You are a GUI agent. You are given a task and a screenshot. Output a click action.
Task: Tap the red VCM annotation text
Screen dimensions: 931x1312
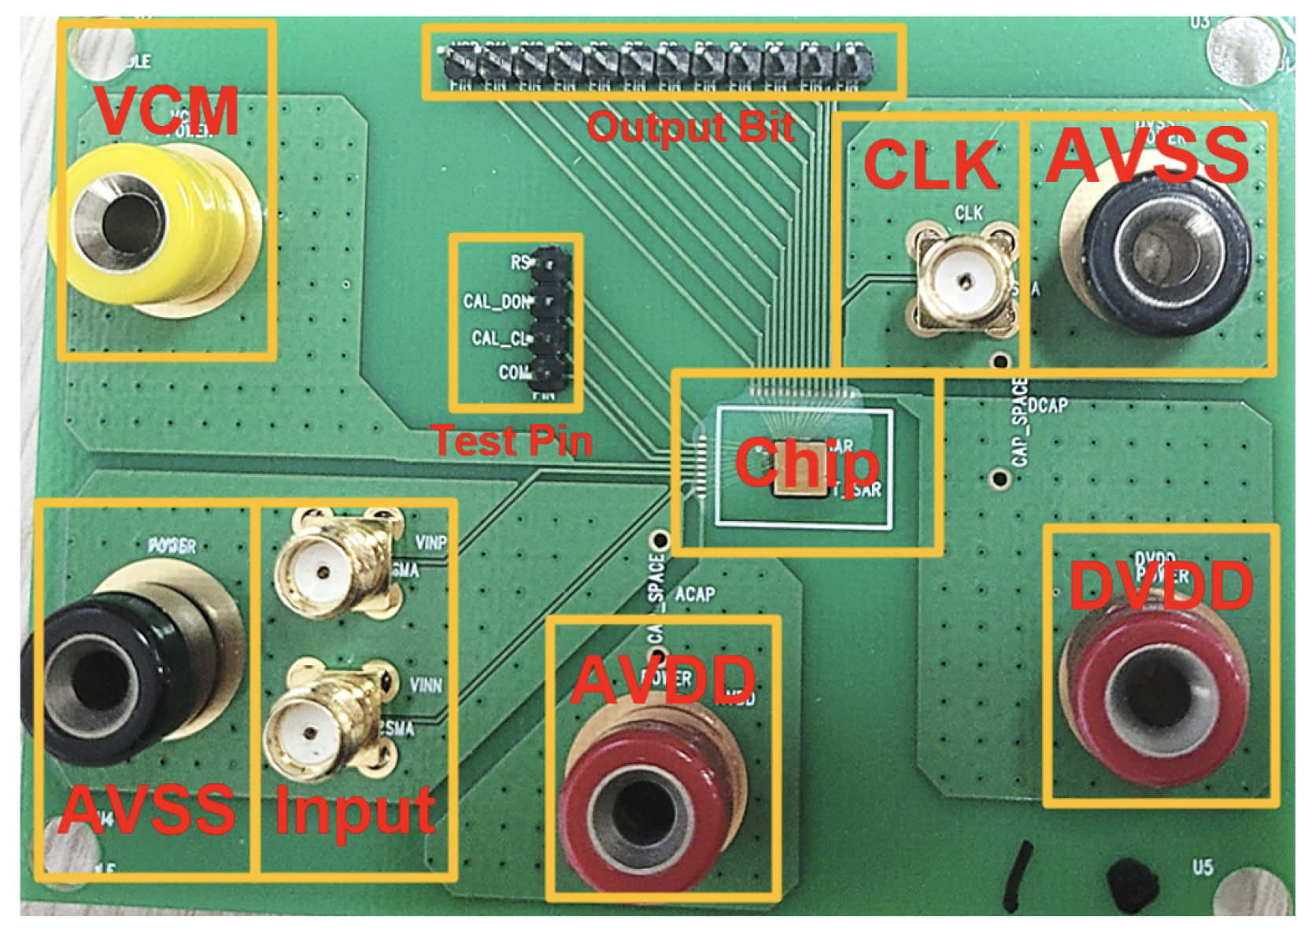[x=167, y=111]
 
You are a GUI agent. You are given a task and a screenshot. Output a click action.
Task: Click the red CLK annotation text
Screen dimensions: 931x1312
[x=931, y=164]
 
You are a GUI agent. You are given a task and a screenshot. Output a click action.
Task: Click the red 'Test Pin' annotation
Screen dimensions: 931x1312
[x=512, y=441]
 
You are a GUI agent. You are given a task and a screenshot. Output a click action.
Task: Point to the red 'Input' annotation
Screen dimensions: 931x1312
[x=355, y=811]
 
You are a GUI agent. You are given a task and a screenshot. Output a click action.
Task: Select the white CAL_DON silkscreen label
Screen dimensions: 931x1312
[x=497, y=301]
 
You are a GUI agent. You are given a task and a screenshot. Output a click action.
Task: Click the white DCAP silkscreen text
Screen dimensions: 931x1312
[x=1048, y=405]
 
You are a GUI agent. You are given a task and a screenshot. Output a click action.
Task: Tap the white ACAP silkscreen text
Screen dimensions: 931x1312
[x=695, y=593]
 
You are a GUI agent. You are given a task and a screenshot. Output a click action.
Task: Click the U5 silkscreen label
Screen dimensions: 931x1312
[x=1203, y=867]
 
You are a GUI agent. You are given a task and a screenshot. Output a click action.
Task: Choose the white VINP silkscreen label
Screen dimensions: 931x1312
[x=431, y=543]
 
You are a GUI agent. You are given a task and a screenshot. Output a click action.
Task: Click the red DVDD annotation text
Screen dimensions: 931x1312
[x=1161, y=586]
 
